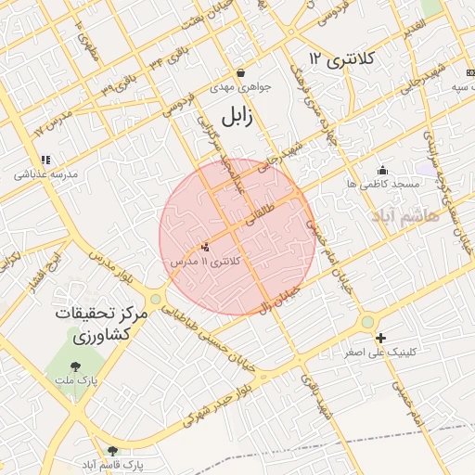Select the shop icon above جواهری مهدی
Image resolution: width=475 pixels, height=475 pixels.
click(x=240, y=73)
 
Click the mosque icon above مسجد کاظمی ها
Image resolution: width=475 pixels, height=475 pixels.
click(x=382, y=170)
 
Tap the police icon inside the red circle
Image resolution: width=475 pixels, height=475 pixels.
click(x=205, y=247)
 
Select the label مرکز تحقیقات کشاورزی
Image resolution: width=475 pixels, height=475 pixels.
click(x=101, y=323)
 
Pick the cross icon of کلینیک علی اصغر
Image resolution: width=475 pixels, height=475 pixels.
click(x=380, y=339)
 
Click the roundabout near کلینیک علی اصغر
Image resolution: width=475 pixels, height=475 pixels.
click(x=368, y=322)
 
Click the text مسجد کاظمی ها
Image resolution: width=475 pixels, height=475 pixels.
click(x=384, y=185)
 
